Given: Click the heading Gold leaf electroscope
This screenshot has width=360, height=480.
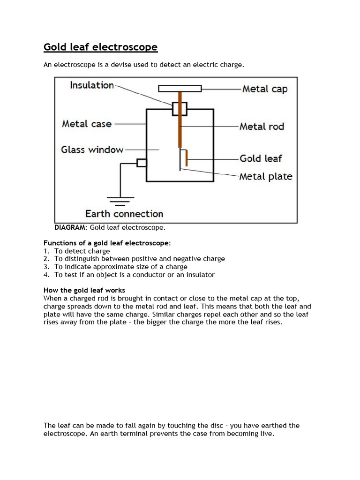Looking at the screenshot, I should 100,47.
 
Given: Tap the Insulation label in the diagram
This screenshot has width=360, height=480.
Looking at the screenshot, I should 92,85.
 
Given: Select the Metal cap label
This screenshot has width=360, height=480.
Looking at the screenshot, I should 265,89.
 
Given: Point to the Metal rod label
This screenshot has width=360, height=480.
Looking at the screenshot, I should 262,127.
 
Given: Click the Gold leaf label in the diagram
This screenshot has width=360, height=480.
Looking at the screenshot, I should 261,158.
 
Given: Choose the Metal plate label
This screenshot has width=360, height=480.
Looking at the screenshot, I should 265,177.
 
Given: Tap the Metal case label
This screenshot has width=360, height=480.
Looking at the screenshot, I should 87,124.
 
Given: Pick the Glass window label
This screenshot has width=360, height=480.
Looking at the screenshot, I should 92,150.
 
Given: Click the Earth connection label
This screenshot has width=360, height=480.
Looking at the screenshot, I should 124,214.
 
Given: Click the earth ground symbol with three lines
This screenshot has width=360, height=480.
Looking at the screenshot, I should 120,201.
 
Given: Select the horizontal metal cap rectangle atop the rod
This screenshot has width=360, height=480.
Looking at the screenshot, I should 180,88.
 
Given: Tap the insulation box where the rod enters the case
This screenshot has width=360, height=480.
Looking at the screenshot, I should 180,108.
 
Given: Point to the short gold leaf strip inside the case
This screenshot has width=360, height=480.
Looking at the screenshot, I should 187,158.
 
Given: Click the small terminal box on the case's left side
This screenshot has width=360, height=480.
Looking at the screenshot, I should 142,163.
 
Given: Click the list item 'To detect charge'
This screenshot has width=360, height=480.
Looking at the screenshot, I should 82,251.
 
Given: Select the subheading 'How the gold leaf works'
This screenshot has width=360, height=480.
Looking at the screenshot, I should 84,290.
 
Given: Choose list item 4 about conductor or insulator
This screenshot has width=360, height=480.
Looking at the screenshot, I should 134,275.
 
